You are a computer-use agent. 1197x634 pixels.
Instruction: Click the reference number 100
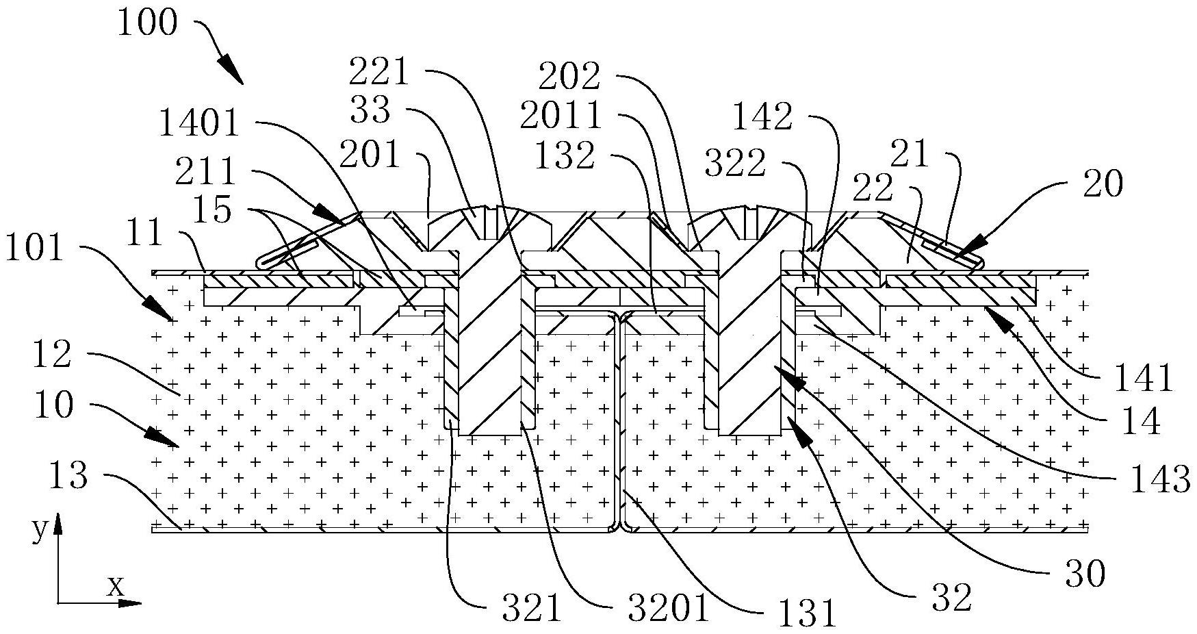[146, 23]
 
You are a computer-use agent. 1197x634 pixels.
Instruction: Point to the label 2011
[561, 116]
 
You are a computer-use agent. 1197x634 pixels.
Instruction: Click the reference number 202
[569, 77]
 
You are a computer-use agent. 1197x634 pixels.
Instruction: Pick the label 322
[735, 164]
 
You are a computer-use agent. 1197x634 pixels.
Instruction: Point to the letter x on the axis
[116, 586]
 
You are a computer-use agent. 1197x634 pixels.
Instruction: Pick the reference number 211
[205, 171]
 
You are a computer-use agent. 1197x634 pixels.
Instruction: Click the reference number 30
[1085, 575]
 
